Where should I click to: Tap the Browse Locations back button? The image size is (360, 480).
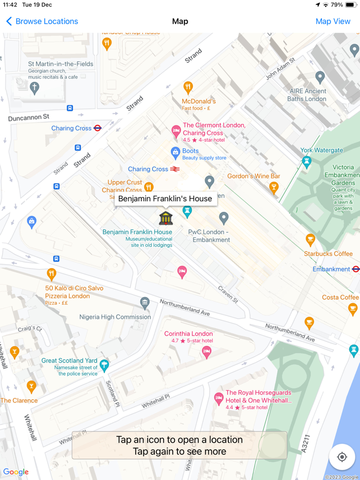point(42,21)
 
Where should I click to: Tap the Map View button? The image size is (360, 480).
point(333,21)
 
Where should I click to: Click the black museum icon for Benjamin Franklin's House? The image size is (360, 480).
point(166,218)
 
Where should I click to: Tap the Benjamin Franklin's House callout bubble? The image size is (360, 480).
point(165,198)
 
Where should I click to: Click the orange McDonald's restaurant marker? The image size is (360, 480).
point(188,87)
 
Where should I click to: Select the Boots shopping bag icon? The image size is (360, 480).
point(175,152)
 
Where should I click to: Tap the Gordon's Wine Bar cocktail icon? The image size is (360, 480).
point(274,187)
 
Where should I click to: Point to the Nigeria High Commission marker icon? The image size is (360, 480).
point(145,302)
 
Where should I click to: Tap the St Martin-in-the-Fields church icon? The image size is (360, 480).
point(34,88)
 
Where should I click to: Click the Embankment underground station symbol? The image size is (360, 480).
point(355,269)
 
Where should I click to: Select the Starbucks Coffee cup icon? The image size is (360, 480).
point(310,239)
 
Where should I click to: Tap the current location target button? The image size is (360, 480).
point(342,457)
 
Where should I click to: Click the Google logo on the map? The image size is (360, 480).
point(16,472)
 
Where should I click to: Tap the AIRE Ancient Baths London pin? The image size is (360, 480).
point(320,78)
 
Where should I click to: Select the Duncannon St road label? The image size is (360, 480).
point(29,118)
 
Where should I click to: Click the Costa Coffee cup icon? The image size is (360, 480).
point(353,308)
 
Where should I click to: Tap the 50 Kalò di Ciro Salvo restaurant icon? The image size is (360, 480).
point(51,274)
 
